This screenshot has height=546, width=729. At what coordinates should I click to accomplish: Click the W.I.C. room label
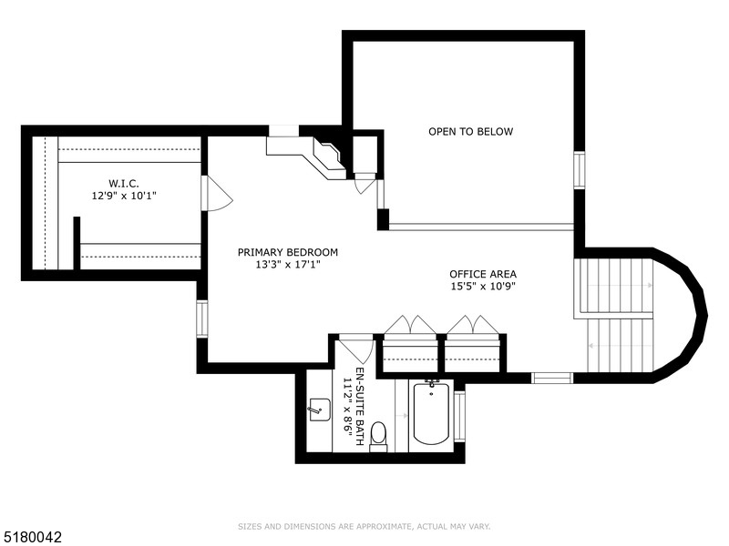pyautogui.click(x=122, y=183)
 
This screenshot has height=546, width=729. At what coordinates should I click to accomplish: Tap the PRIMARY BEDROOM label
pyautogui.click(x=288, y=252)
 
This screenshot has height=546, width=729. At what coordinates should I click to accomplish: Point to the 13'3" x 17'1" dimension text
pyautogui.click(x=288, y=265)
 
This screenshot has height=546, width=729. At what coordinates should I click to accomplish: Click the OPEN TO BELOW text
pyautogui.click(x=470, y=132)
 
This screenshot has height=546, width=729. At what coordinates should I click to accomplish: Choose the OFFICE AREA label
pyautogui.click(x=483, y=274)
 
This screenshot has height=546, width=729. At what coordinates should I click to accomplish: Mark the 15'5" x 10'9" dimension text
pyautogui.click(x=483, y=287)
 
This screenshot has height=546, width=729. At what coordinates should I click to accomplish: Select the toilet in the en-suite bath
pyautogui.click(x=379, y=436)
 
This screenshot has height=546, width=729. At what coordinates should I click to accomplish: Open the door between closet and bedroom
pyautogui.click(x=215, y=193)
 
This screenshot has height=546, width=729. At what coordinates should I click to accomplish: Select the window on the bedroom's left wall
pyautogui.click(x=201, y=318)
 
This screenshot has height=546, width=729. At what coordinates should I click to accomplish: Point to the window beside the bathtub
pyautogui.click(x=459, y=415)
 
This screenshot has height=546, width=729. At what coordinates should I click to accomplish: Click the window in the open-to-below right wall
pyautogui.click(x=579, y=170)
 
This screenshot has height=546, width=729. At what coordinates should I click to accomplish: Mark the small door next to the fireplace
pyautogui.click(x=365, y=183)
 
